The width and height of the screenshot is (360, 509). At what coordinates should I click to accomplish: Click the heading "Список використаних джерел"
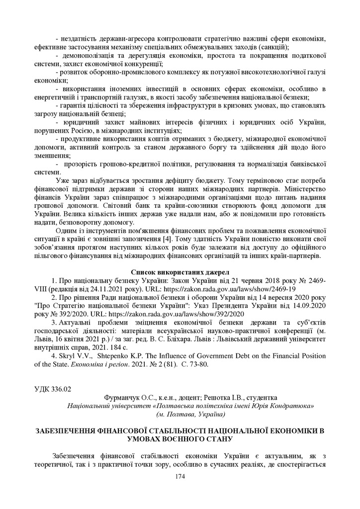pyautogui.click(x=180, y=272)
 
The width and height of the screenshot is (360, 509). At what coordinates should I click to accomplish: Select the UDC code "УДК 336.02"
pyautogui.click(x=52, y=388)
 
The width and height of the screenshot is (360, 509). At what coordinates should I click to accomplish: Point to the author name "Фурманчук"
pyautogui.click(x=122, y=398)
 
